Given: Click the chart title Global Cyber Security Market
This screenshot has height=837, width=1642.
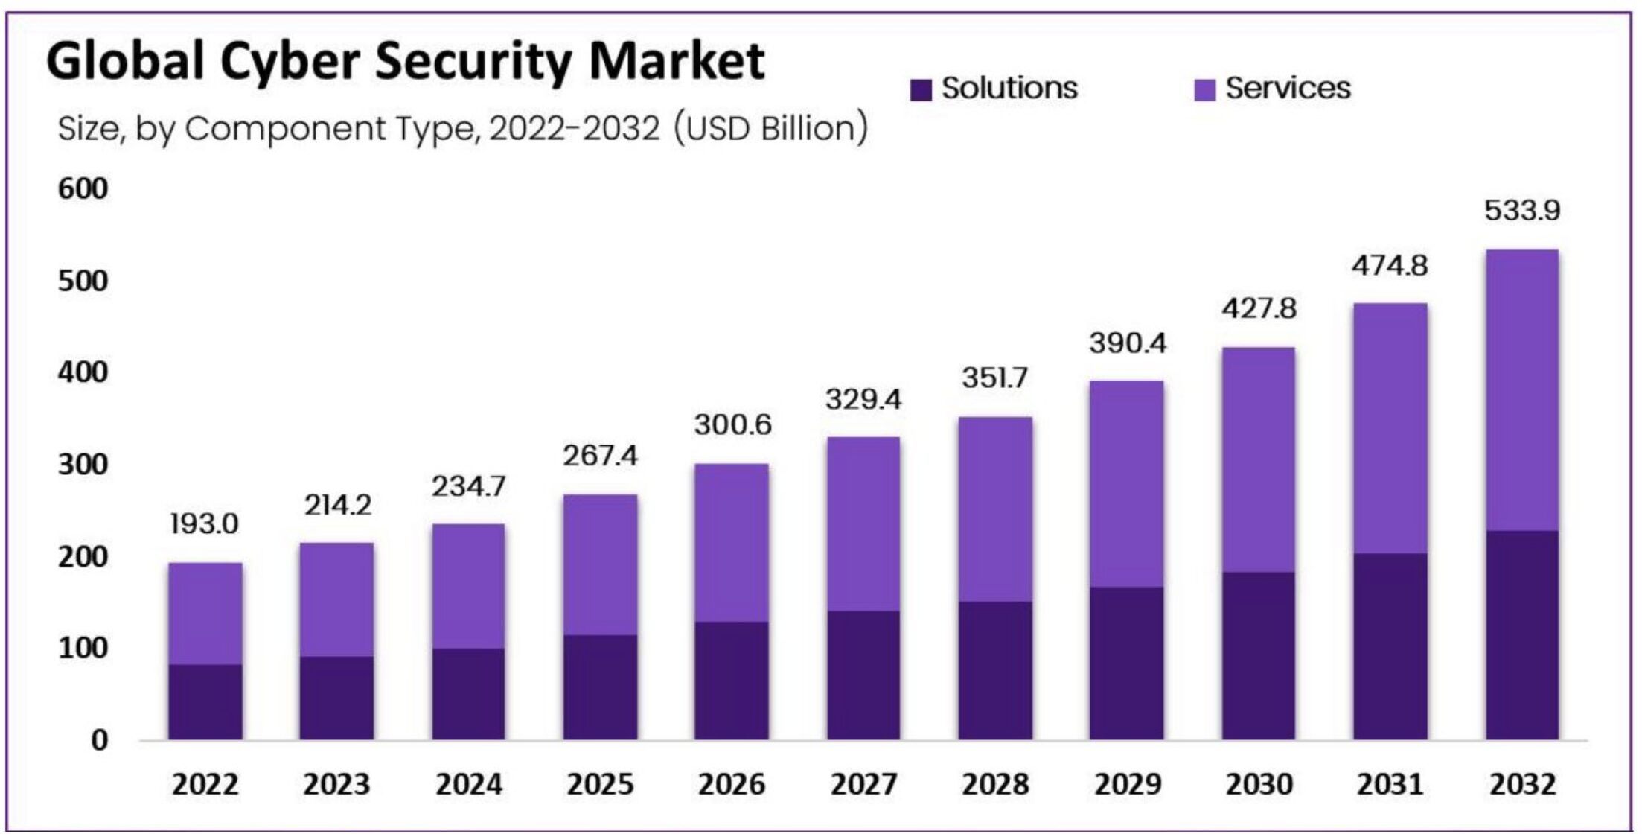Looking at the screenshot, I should [x=406, y=61].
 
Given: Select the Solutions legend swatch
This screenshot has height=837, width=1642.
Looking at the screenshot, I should [x=921, y=90].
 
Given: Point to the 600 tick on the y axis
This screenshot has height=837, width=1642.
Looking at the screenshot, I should [x=83, y=189].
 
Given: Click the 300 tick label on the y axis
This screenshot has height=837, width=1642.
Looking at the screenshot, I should [x=83, y=465].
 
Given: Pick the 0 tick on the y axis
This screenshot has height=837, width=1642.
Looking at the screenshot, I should [x=99, y=740].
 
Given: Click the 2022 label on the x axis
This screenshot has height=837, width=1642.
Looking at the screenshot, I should [x=205, y=784].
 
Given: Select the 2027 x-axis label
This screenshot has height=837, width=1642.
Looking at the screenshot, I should [x=863, y=784].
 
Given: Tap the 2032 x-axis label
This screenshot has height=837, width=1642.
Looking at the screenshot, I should [x=1522, y=784].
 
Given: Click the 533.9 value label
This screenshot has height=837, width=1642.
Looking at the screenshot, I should [x=1522, y=211].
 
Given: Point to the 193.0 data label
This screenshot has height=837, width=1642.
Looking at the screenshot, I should [x=205, y=524].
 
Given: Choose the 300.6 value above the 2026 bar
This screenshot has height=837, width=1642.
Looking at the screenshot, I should [x=732, y=425].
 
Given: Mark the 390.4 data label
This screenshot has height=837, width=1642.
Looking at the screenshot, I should [x=1128, y=343].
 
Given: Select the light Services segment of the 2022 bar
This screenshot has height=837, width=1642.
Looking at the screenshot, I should [x=205, y=613].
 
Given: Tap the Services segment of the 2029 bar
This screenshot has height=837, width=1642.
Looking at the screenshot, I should [x=1127, y=484].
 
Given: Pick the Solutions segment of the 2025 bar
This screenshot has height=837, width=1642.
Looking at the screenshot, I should [x=600, y=687].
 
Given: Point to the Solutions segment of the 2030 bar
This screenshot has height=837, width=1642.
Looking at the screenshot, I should [x=1258, y=655].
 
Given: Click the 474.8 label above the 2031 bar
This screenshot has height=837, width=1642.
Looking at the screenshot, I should [x=1390, y=266].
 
